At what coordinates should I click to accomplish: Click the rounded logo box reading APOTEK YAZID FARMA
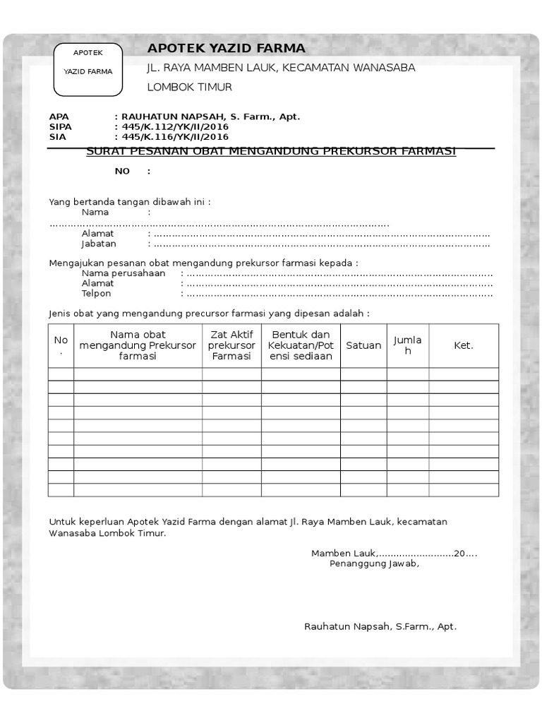tap(88, 70)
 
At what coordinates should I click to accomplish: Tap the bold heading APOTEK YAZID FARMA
tap(226, 48)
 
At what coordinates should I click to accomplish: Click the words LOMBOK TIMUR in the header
tap(189, 88)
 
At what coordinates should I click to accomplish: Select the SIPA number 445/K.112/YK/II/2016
tap(175, 127)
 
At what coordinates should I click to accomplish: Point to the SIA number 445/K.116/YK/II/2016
tap(175, 137)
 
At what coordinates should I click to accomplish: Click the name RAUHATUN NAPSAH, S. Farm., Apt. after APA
tap(211, 116)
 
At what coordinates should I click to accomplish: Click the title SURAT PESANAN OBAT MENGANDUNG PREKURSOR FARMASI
tap(271, 151)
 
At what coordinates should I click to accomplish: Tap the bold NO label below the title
tap(123, 172)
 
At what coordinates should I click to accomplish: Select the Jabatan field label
tap(99, 244)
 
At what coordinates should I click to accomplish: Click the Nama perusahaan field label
tap(124, 273)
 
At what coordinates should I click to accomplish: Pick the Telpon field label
tap(97, 293)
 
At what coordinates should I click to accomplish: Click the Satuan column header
tap(363, 345)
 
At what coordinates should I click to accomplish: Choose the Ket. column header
tap(464, 345)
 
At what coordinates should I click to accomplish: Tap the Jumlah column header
tap(408, 345)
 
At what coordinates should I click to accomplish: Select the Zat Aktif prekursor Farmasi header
tap(231, 345)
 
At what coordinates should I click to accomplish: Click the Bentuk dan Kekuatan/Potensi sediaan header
tap(301, 345)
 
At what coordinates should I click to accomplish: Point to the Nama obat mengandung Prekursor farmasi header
tap(138, 345)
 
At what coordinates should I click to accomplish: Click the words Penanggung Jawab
tap(374, 563)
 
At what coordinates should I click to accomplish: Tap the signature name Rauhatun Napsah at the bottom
tap(380, 626)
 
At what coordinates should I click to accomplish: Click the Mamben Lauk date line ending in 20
tap(394, 553)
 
